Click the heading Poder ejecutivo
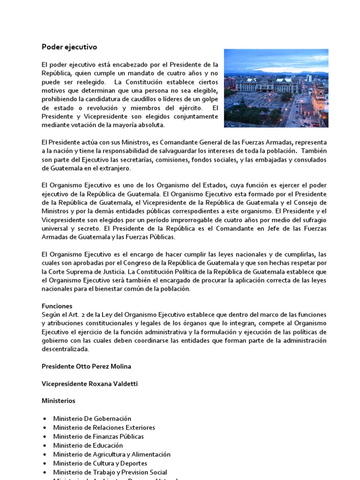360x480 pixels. [69, 47]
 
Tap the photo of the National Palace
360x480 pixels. [276, 88]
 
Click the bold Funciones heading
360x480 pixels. [57, 306]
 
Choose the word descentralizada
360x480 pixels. [65, 349]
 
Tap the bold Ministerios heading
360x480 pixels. [58, 401]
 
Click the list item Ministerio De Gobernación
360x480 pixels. [92, 419]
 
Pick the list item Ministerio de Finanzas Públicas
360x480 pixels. [98, 436]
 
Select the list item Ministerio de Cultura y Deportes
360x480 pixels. [100, 463]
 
